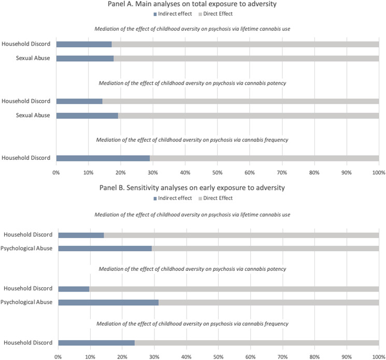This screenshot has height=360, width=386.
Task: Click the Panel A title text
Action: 217,5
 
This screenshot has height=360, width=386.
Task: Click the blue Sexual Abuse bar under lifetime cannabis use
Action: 84,58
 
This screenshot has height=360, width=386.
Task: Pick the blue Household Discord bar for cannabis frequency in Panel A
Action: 103,158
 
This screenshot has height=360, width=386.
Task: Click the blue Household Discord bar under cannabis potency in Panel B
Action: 74,288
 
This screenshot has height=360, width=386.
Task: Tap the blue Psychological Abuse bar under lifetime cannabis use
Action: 105,248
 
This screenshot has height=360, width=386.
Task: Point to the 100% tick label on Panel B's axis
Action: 378,356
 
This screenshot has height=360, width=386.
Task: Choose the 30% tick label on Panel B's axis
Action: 154,356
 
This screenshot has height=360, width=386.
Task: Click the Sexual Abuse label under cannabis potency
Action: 33,115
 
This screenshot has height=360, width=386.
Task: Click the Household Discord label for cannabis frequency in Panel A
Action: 26,158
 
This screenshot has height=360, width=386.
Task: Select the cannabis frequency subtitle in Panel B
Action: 217,324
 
